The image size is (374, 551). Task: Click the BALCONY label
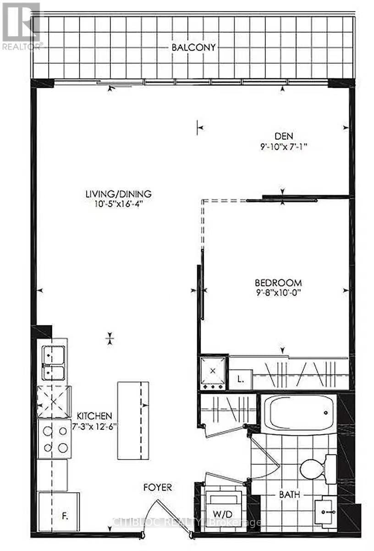click(x=194, y=47)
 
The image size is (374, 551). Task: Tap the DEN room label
click(x=284, y=136)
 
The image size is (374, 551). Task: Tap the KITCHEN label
click(x=94, y=416)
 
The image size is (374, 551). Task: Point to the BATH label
click(x=290, y=495)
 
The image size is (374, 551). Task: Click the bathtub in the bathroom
click(x=298, y=412)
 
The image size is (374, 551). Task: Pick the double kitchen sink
click(x=53, y=363)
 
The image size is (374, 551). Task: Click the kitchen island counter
click(x=133, y=420)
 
